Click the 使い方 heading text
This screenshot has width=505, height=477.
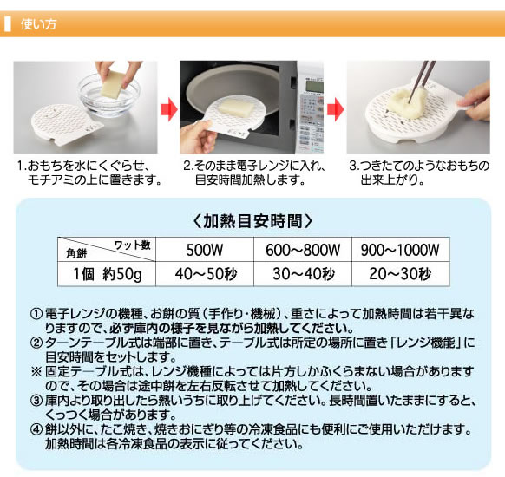pos(38,24)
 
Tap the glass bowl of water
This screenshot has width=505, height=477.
pos(108,94)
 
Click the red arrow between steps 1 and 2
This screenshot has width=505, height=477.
pos(168,109)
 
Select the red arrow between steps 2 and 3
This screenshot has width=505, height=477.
pos(335,109)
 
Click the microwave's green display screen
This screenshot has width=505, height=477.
pos(314,86)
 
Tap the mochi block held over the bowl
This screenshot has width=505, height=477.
pos(113,83)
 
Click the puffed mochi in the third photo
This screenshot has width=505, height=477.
pos(406,101)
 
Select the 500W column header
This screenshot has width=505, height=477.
pos(205,250)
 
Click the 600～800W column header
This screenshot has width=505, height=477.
pos(303,250)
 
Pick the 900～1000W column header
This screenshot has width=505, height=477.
pos(400,250)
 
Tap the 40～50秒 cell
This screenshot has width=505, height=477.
pos(206,274)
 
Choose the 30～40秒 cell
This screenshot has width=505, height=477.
pos(304,274)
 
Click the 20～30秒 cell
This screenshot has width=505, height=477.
pos(400,274)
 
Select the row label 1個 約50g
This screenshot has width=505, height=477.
pos(108,274)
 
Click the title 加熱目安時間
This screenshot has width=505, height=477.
pos(252,221)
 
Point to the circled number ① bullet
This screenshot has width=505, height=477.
pos(36,314)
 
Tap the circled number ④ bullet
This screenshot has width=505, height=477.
pos(36,429)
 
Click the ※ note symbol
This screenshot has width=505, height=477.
pos(36,372)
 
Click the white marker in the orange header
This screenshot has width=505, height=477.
pos(8,24)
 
